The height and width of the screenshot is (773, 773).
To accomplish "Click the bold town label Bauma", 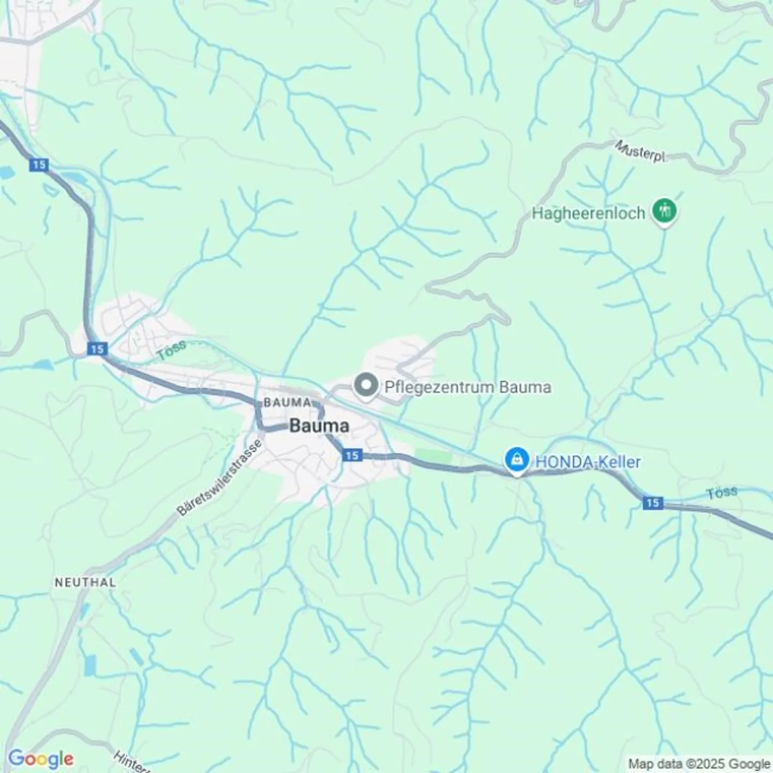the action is click(x=319, y=426).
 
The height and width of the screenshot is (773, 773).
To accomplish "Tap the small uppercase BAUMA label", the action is click(x=287, y=403).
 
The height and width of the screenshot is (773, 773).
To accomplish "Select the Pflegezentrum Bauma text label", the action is click(x=468, y=387).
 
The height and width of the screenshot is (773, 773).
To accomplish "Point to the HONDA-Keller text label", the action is click(x=587, y=462).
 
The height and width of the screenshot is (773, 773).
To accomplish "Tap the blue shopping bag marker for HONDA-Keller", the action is click(x=516, y=460).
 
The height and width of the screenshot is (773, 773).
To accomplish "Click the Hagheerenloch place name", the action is click(x=588, y=214).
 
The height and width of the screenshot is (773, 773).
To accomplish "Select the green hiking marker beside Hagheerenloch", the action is click(x=664, y=211).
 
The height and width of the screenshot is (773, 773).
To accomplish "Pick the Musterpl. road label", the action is click(x=640, y=151).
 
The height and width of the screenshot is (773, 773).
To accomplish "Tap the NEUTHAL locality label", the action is click(x=85, y=582).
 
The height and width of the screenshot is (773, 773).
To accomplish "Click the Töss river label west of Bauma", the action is click(x=171, y=349).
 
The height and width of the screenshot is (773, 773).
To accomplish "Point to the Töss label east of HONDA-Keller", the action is click(x=722, y=493).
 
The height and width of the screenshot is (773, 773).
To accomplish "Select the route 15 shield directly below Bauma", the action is click(x=352, y=455).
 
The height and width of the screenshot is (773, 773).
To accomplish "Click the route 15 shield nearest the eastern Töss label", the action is click(x=652, y=502).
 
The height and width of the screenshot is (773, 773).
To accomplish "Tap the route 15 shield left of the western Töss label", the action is click(x=97, y=349).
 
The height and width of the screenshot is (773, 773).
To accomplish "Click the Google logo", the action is click(x=41, y=759).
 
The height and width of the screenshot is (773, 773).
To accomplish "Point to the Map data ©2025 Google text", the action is click(x=699, y=763).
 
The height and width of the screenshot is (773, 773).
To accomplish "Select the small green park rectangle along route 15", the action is click(x=434, y=457).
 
